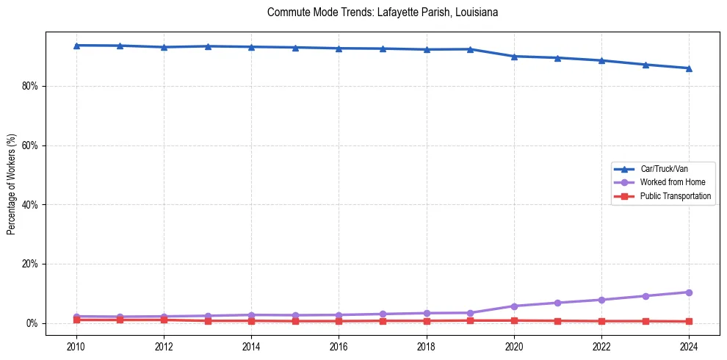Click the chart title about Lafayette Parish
coord(383,12)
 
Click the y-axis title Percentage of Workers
coord(12,184)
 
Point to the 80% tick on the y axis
coord(30,86)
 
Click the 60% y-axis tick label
coord(30,145)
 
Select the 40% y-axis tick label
coord(30,205)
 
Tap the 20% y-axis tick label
coord(30,264)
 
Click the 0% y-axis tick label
coord(32,323)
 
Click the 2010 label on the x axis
coord(76,346)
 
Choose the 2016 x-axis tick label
coord(339,346)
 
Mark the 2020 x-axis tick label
coord(514,346)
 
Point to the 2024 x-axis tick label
coord(689,346)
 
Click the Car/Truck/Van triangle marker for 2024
coord(689,68)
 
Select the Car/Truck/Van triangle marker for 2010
coord(76,46)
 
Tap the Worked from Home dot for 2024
coord(689,292)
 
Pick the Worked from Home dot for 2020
coord(514,306)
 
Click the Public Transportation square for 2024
coord(689,322)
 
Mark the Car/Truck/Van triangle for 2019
coord(470,49)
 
